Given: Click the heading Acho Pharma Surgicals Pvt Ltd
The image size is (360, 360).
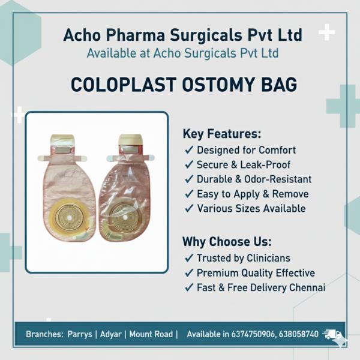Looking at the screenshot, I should pos(182,34).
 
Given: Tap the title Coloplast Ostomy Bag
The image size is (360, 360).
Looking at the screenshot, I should pos(183,84).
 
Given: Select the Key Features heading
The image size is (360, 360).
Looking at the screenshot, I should pos(221,133).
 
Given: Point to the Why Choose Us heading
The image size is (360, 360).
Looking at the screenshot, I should pos(227,242).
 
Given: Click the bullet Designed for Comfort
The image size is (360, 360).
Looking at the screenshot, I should pos(246,149).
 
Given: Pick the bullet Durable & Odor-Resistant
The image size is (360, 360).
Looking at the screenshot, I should pos(254,179).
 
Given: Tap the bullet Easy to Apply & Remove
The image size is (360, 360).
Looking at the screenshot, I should pos(253,194).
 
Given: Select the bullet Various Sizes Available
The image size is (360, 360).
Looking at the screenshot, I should pos(251,209).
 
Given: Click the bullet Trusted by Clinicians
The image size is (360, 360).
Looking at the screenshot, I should pos(243,258).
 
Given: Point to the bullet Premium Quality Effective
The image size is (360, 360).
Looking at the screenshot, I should pos(256,273).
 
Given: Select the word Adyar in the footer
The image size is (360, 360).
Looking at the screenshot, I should pos(112,334).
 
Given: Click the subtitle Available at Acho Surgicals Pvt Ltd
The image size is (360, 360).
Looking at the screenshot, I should pos(182,53).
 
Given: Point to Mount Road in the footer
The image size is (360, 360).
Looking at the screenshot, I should pos(152,334).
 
